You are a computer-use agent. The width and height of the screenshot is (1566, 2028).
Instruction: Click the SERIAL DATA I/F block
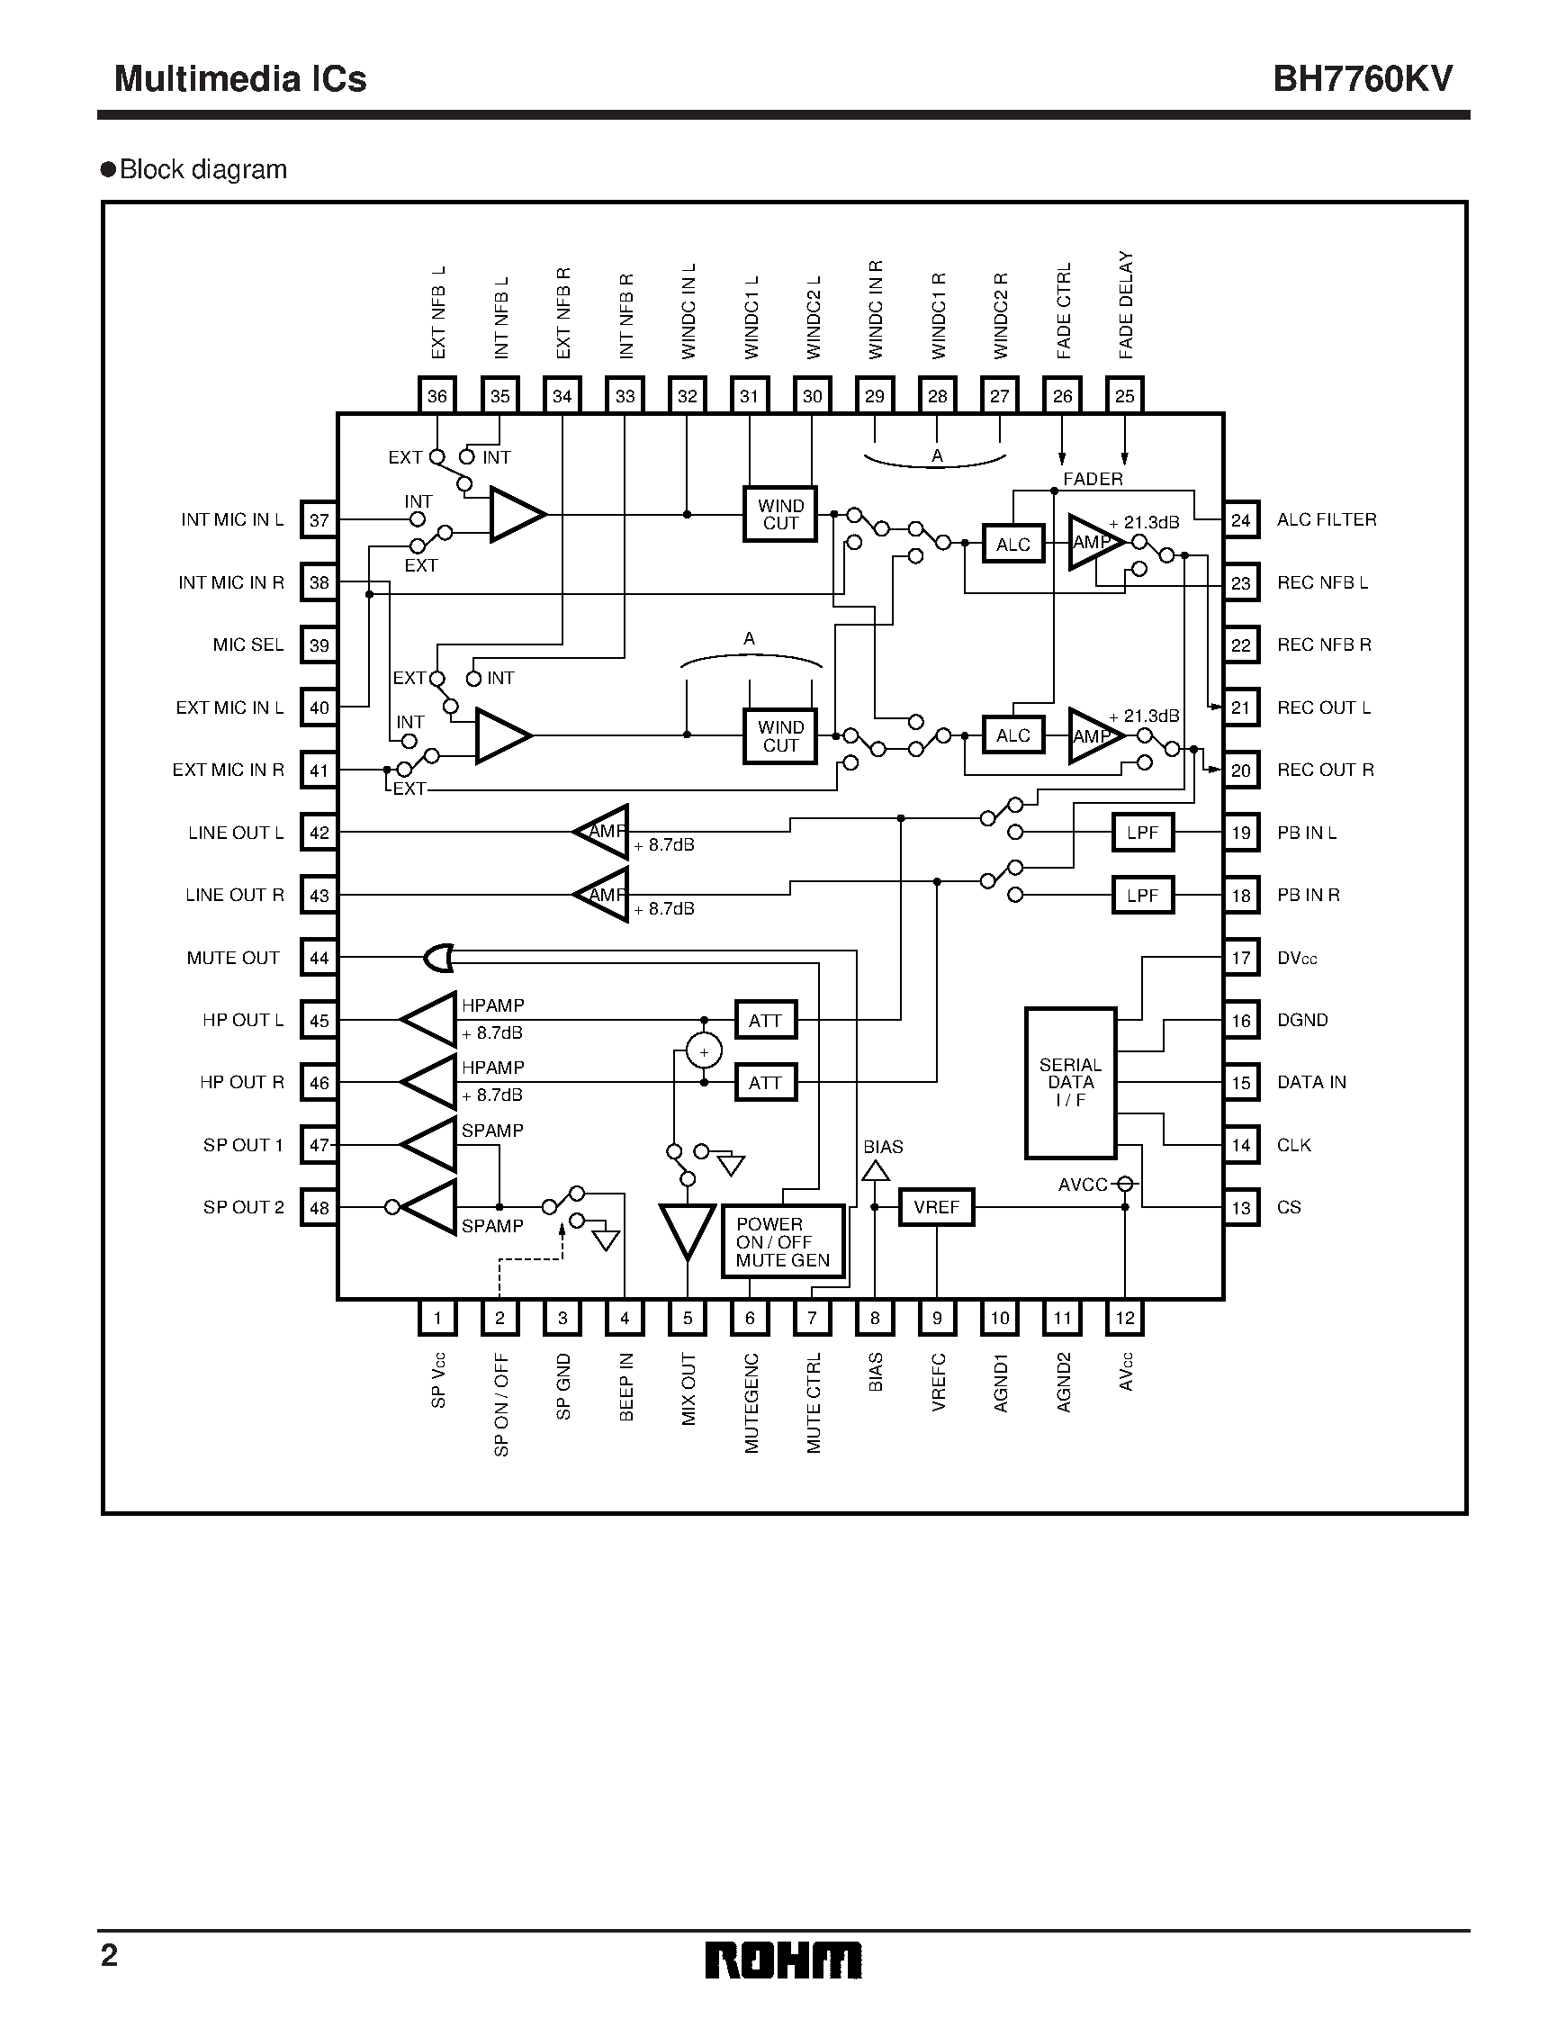[x=1069, y=1083]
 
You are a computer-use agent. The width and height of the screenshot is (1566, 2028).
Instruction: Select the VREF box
[x=936, y=1207]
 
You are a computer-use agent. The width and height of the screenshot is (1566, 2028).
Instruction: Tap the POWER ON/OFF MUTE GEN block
[x=782, y=1241]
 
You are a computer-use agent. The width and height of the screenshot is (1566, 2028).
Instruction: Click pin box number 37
[x=319, y=520]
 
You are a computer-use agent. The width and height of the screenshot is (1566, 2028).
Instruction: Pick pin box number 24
[x=1240, y=520]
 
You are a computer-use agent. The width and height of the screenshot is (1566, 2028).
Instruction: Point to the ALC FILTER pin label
[x=1326, y=520]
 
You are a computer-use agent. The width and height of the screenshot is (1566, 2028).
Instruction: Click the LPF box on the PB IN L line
[x=1142, y=833]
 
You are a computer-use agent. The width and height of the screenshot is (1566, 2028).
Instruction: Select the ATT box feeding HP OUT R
[x=765, y=1083]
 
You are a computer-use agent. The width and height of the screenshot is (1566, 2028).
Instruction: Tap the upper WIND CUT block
[x=779, y=515]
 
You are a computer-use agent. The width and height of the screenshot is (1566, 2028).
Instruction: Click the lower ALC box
[x=1012, y=735]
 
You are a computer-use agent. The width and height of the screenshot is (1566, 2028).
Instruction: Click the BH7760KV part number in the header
[x=1362, y=79]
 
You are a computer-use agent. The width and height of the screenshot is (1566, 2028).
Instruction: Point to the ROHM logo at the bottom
[x=782, y=1960]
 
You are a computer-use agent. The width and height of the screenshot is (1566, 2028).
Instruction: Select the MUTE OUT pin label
[x=233, y=959]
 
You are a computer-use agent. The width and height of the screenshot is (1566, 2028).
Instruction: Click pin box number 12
[x=1124, y=1318]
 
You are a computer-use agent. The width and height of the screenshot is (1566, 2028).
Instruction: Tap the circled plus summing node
[x=704, y=1052]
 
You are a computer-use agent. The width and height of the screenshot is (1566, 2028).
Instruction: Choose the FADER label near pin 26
[x=1093, y=479]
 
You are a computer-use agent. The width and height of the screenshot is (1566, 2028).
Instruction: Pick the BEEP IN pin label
[x=626, y=1386]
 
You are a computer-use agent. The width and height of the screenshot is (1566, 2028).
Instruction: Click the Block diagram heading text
[x=202, y=170]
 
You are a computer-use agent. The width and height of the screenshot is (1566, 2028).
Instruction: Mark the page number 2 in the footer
[x=110, y=1955]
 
